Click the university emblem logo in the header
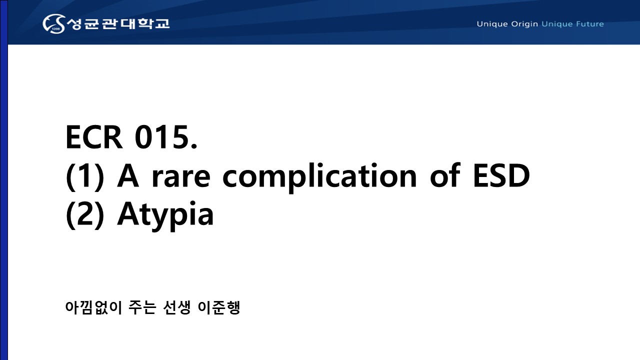pos(54,23)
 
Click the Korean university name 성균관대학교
pos(118,23)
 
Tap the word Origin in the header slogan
pos(524,24)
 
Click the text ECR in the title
pos(94,137)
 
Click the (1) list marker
pos(85,176)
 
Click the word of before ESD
pos(445,175)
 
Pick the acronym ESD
pos(501,176)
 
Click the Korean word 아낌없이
pos(93,307)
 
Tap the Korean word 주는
pos(142,307)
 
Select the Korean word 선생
pos(177,307)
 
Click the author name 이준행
pos(219,307)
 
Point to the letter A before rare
pos(128,176)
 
